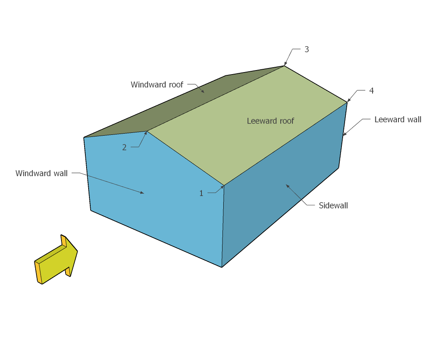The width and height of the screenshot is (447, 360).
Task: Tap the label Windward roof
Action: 157,85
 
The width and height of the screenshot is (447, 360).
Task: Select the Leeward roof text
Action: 270,121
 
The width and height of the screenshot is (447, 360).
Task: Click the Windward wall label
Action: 41,173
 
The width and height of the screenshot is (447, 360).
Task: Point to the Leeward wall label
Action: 398,119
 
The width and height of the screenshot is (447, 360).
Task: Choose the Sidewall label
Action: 333,206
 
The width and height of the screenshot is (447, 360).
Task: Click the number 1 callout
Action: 201,194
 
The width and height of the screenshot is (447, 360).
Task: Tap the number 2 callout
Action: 124,147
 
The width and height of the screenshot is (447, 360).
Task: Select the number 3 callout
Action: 307,49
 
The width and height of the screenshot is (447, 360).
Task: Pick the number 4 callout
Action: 371,91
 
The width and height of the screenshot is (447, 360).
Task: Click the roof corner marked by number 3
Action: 284,66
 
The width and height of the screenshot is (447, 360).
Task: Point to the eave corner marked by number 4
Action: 347,102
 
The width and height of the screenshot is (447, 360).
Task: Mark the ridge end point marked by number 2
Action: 147,131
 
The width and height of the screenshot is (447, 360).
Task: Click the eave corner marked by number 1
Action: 224,185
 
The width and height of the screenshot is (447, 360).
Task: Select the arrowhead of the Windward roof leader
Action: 203,92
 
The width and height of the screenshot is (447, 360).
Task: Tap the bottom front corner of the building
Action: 222,267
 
